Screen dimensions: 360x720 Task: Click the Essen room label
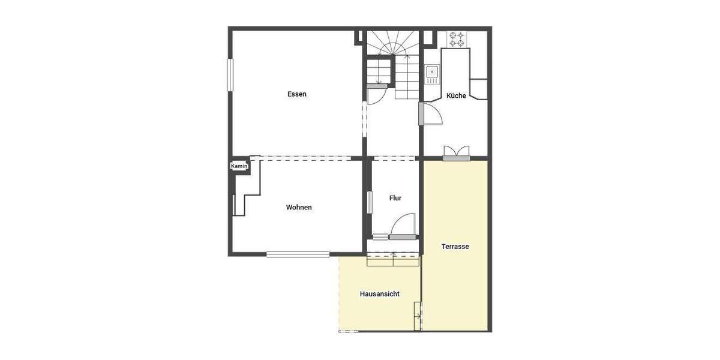pyautogui.click(x=297, y=94)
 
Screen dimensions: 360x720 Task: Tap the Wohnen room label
pyautogui.click(x=299, y=208)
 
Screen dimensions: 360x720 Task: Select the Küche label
pyautogui.click(x=456, y=96)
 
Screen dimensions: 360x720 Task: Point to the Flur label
pyautogui.click(x=395, y=198)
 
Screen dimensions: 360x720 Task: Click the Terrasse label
pyautogui.click(x=455, y=247)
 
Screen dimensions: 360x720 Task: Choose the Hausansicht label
pyautogui.click(x=380, y=294)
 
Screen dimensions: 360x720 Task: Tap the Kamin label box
pyautogui.click(x=239, y=166)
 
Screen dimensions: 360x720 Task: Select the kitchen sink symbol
pyautogui.click(x=432, y=73)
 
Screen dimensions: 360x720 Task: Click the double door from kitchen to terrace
pyautogui.click(x=457, y=153)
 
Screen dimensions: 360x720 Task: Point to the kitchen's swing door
pyautogui.click(x=431, y=115)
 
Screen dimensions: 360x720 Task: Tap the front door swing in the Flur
pyautogui.click(x=402, y=227)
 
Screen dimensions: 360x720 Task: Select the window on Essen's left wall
pyautogui.click(x=229, y=75)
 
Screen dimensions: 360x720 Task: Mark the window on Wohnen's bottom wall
pyautogui.click(x=298, y=254)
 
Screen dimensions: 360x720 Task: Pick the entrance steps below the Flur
pyautogui.click(x=392, y=259)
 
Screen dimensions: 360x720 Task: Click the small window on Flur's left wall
pyautogui.click(x=368, y=202)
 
